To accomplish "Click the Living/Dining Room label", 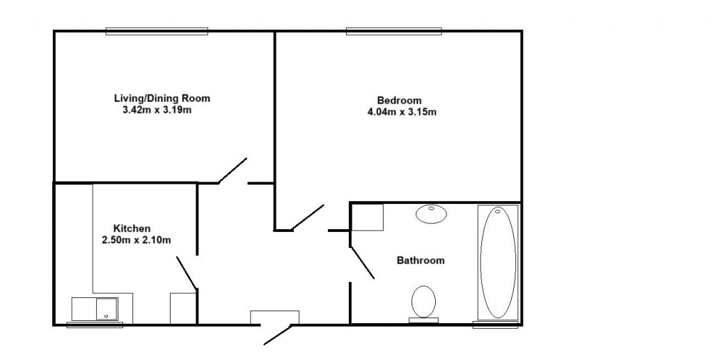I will click(162, 98).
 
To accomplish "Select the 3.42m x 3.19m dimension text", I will click(157, 109).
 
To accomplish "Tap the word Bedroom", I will click(399, 100).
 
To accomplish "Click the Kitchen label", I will click(132, 228).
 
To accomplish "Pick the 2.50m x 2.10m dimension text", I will click(136, 240).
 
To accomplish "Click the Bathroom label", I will click(421, 261).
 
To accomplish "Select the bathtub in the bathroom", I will click(498, 262).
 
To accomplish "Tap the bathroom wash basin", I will click(432, 213).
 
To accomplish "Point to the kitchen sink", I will click(95, 308).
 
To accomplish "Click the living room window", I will click(157, 31).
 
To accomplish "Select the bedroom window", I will click(393, 31).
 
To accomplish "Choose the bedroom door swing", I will click(308, 217).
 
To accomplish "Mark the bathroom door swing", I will click(362, 262).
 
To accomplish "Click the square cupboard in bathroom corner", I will click(368, 217).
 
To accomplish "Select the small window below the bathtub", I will click(495, 324).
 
